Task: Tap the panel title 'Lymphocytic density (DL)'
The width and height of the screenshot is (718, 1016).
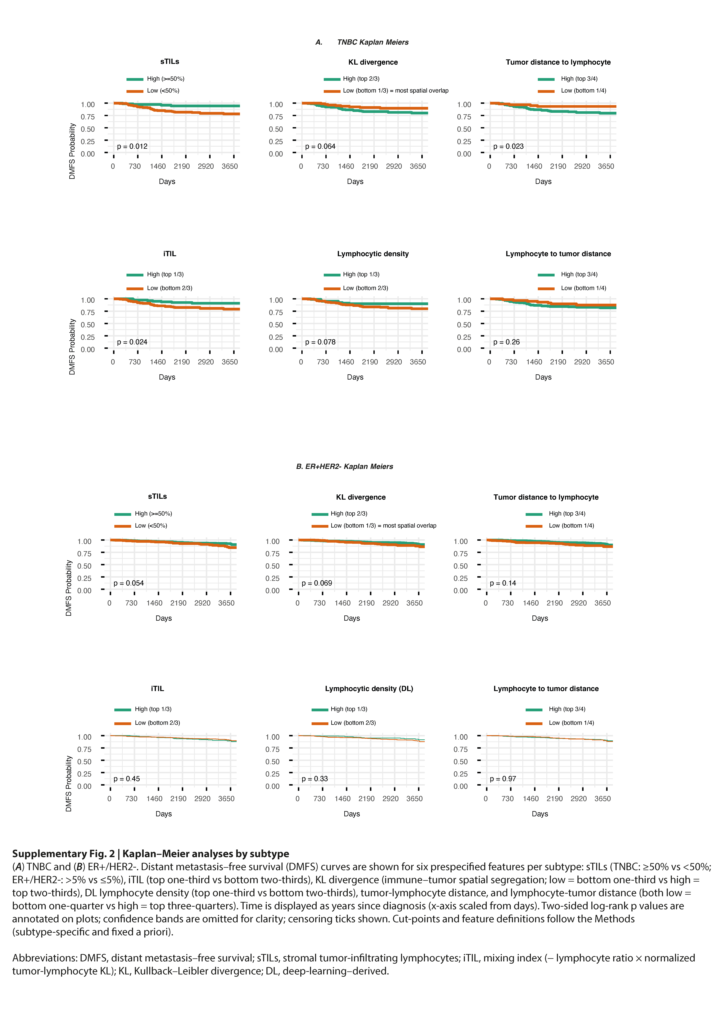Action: pos(369,689)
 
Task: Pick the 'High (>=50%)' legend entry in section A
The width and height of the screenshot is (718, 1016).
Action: pos(165,79)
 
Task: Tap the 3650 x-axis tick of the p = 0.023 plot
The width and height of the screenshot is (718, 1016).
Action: pos(606,166)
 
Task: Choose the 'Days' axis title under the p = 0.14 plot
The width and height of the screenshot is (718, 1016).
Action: pos(540,618)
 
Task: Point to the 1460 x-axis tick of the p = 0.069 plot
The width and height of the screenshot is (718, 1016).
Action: pos(342,603)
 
